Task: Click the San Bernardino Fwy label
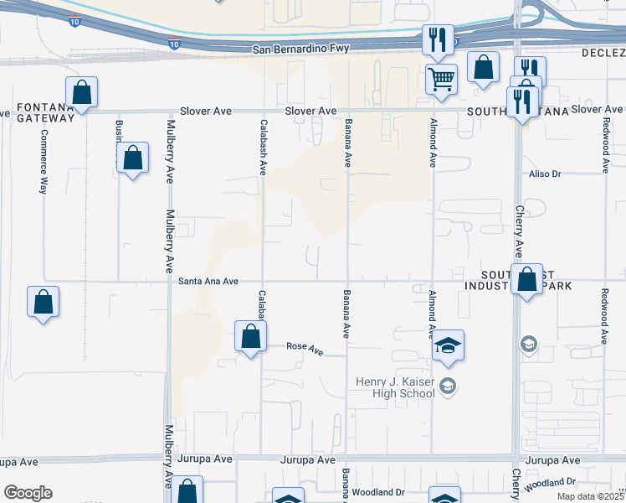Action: click(x=300, y=50)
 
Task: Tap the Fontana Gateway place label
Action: click(x=44, y=112)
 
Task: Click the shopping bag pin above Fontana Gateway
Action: click(x=82, y=91)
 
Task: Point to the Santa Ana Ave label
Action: click(x=208, y=282)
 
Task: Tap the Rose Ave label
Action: click(x=305, y=347)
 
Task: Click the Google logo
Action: click(x=28, y=493)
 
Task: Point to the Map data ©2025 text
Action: click(x=590, y=495)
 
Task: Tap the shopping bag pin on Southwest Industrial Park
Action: click(x=527, y=280)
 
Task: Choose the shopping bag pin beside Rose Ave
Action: click(x=249, y=337)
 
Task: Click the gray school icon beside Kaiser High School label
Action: click(x=448, y=386)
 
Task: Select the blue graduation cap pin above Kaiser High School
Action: click(x=448, y=345)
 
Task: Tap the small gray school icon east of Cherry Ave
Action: click(x=528, y=344)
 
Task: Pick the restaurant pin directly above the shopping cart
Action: click(x=438, y=39)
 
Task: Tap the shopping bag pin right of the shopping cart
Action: click(x=483, y=68)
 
